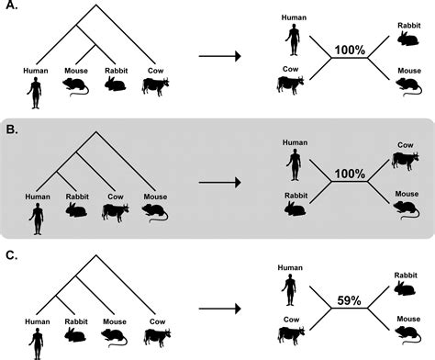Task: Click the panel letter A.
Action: click(x=11, y=8)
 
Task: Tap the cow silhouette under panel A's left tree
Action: click(x=157, y=88)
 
